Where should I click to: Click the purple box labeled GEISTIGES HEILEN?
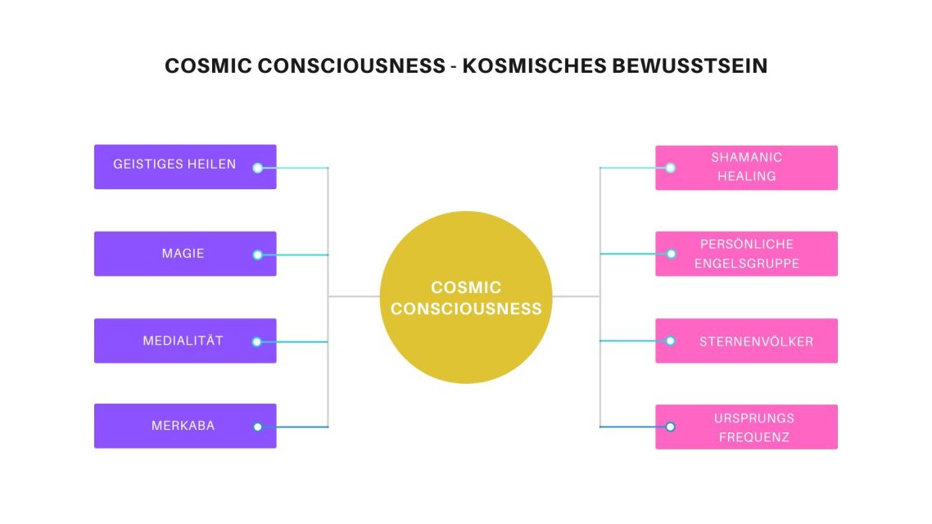[185, 167]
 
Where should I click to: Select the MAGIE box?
[185, 254]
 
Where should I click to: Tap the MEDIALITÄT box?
[185, 341]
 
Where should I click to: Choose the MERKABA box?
[185, 426]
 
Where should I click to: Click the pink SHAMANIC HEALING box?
[747, 168]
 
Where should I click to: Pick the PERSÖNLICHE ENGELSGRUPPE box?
[747, 254]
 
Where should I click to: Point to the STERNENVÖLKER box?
[747, 341]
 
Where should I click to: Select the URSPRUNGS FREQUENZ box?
[747, 427]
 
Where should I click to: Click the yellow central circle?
[466, 297]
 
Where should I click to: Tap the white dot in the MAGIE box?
[257, 255]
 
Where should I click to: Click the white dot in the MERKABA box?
[257, 427]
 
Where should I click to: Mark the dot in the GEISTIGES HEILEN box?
[257, 168]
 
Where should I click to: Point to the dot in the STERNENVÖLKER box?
[671, 341]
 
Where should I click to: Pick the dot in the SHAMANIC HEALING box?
[671, 168]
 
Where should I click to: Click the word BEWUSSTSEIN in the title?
[690, 65]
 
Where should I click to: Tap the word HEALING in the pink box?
[747, 177]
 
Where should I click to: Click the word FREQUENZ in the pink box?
[754, 437]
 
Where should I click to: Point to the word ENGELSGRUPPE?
[747, 263]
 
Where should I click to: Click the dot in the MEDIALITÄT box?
[257, 341]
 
